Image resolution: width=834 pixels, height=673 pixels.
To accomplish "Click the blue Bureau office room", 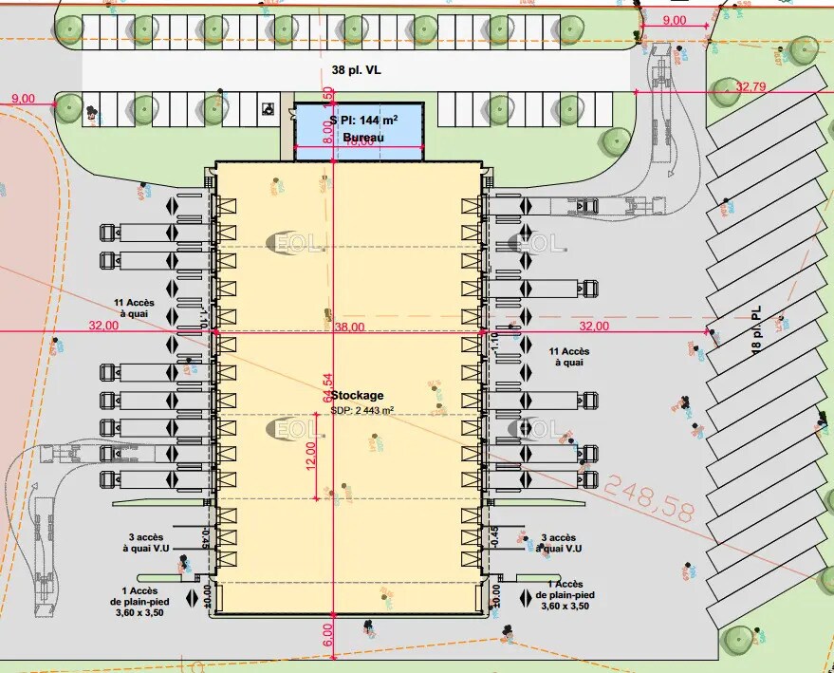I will [358, 133].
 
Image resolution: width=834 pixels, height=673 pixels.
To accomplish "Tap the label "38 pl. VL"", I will [358, 69].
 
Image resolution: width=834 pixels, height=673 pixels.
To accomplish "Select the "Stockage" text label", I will [358, 395].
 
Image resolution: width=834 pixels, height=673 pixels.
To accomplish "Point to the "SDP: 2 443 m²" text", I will [362, 410].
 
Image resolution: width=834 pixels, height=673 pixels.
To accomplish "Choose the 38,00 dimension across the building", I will [349, 327].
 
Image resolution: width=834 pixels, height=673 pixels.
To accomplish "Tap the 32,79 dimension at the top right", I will [750, 87].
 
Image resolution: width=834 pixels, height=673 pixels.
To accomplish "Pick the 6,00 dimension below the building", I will [328, 628].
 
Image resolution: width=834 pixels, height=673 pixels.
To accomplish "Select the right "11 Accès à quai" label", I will [569, 358].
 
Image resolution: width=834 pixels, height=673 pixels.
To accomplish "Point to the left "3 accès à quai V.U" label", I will [144, 543].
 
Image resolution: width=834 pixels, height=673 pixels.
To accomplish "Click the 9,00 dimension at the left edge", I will [22, 99].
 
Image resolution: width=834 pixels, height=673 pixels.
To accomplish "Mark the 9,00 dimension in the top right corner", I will [675, 21].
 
